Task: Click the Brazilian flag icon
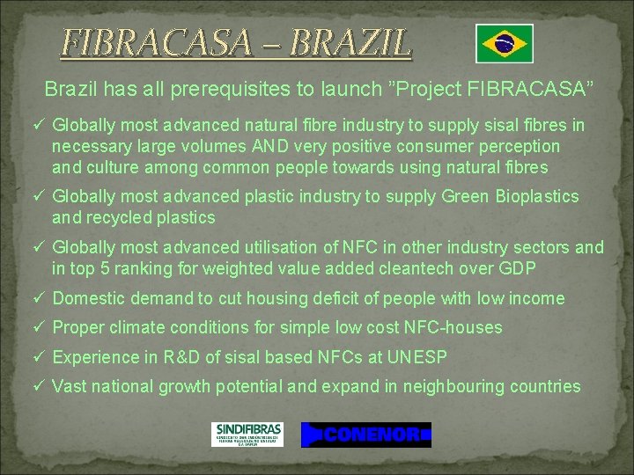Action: point(505,44)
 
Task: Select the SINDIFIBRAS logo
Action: point(247,434)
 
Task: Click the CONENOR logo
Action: point(366,435)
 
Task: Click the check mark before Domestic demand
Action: point(40,298)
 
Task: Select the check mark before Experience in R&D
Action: point(40,357)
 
